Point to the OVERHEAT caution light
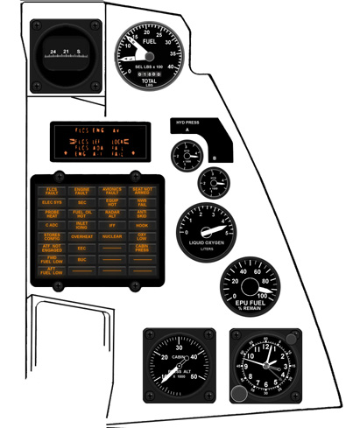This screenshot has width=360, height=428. tap(81, 236)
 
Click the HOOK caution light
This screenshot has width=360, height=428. tap(141, 225)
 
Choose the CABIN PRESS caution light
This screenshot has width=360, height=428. tap(141, 248)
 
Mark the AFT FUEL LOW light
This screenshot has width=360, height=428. tap(52, 271)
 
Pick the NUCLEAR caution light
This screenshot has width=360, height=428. tap(111, 236)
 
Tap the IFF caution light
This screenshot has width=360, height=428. tap(111, 225)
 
